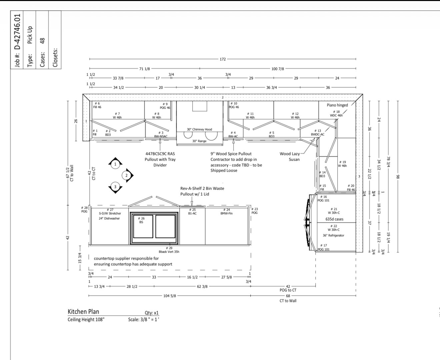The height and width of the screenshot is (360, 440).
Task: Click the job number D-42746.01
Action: (18, 32)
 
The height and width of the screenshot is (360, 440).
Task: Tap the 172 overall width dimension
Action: (223, 59)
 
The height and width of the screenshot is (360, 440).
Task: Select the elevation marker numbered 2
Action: (127, 176)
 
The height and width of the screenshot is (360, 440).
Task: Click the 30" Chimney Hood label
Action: (199, 129)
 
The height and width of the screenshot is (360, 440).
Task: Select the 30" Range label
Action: (199, 141)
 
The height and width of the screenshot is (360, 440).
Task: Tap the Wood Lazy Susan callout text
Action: (290, 157)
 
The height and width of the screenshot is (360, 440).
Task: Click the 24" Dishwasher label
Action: (109, 218)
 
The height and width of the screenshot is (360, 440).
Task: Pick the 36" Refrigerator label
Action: (333, 235)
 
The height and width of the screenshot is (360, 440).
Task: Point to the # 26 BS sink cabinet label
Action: (141, 220)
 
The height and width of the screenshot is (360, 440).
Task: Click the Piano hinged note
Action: (337, 105)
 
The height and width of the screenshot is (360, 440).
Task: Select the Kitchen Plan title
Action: (83, 312)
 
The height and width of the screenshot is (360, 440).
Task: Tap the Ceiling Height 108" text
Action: (86, 320)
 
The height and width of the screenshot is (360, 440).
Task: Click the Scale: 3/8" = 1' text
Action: (144, 320)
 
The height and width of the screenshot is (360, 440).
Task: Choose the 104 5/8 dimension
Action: (170, 296)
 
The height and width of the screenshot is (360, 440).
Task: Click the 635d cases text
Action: (334, 219)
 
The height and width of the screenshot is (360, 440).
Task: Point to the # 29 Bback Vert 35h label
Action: (169, 250)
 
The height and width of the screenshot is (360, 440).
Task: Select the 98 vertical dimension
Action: (398, 177)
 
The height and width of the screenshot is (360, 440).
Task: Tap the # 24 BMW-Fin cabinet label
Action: (226, 212)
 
